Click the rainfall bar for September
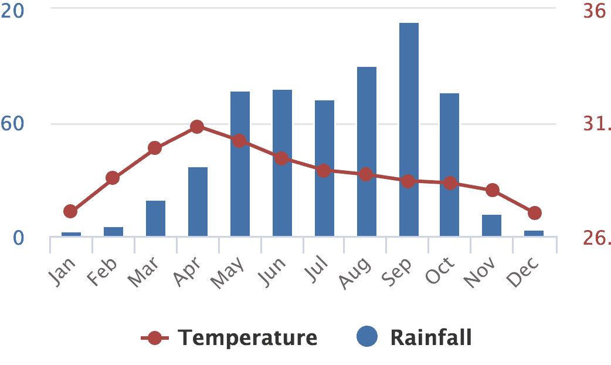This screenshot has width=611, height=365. tap(409, 129)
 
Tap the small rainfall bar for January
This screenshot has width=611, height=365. tap(71, 234)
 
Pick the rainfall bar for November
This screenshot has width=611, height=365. tap(492, 225)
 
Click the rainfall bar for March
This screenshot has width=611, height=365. tap(155, 218)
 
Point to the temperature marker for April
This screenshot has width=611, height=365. tap(197, 127)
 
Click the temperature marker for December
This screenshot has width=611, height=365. tap(534, 213)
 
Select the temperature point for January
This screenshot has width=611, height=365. tap(70, 211)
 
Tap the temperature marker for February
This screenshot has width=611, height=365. tap(113, 178)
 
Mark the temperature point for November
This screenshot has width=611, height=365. tap(493, 190)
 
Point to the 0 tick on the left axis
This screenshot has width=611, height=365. tap(19, 238)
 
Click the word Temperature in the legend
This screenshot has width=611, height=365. tap(247, 338)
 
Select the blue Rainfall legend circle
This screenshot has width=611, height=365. tap(367, 337)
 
